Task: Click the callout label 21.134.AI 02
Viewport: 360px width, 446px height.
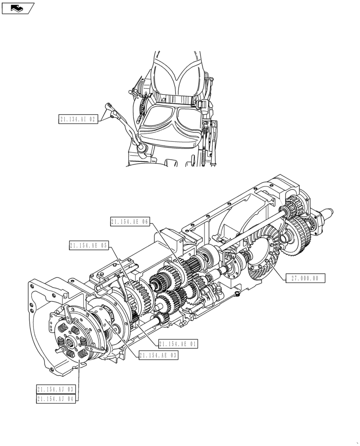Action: pos(78,119)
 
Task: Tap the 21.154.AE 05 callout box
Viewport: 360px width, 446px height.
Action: pos(89,245)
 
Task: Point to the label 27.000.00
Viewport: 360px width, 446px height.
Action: pos(305,278)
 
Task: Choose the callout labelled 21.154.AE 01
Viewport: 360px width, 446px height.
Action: pos(177,344)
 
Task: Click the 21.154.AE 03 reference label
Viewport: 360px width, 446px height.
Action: pos(158,355)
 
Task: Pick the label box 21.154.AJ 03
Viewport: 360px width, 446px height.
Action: pos(56,389)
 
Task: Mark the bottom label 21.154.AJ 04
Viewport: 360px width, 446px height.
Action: pos(56,399)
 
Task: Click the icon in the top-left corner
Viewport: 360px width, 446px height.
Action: pos(18,8)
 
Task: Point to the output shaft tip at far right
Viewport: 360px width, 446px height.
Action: pos(331,213)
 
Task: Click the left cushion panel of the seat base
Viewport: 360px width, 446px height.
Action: pos(158,118)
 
